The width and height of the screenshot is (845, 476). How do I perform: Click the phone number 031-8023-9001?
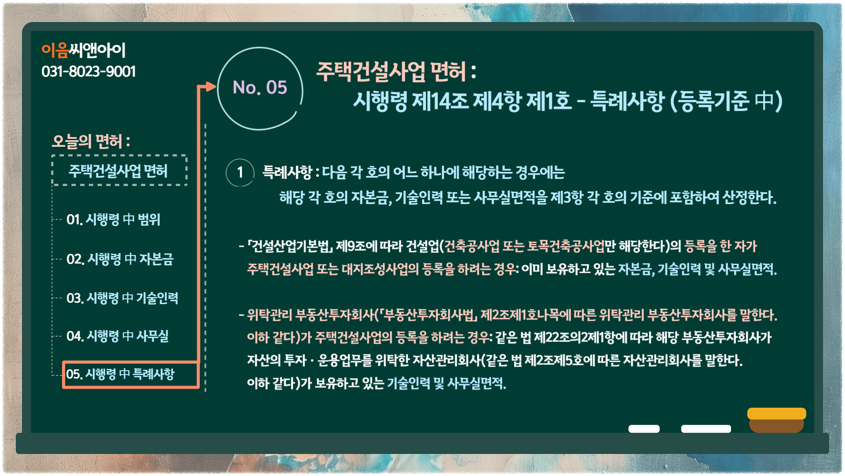pyautogui.click(x=88, y=71)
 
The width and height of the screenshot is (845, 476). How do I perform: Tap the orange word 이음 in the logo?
pyautogui.click(x=55, y=50)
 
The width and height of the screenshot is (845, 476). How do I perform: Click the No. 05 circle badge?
pyautogui.click(x=260, y=89)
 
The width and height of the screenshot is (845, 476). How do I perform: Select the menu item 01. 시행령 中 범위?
pyautogui.click(x=113, y=219)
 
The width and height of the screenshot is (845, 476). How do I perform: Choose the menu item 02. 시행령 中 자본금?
pyautogui.click(x=120, y=259)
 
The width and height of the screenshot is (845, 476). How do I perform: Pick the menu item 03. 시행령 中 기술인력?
pyautogui.click(x=122, y=298)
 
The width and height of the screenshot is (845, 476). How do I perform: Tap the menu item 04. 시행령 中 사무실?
pyautogui.click(x=118, y=336)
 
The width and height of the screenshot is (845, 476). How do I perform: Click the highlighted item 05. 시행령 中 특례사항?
pyautogui.click(x=120, y=374)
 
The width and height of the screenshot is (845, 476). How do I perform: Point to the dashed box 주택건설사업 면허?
pyautogui.click(x=119, y=171)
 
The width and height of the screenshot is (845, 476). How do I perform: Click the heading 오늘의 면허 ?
pyautogui.click(x=91, y=141)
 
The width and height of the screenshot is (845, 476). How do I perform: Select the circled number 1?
pyautogui.click(x=240, y=172)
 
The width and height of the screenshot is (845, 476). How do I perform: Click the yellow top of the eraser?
pyautogui.click(x=777, y=413)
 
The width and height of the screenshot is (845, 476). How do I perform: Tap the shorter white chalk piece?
pyautogui.click(x=644, y=429)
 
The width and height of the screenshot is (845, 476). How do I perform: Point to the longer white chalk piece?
pyautogui.click(x=706, y=429)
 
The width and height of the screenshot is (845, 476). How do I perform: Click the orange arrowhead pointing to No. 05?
pyautogui.click(x=211, y=86)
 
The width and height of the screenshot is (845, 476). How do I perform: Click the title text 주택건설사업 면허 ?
pyautogui.click(x=396, y=71)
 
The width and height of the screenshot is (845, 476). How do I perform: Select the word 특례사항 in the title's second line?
pyautogui.click(x=627, y=101)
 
